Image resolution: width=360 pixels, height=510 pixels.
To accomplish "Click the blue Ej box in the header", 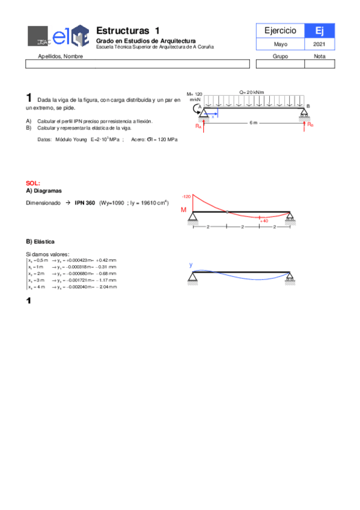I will [319, 30].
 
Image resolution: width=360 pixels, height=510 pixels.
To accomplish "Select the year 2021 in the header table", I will [319, 45].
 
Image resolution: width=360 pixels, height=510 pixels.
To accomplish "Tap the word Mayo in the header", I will [280, 45].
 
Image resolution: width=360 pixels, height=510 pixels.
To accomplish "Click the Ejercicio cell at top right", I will [280, 30].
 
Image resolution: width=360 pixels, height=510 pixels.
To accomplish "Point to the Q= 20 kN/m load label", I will [251, 92].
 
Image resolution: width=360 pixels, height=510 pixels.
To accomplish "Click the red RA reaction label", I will [198, 126].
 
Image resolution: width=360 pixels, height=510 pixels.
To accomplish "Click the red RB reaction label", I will [310, 124].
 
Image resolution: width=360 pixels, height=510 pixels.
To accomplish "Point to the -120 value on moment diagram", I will [186, 196].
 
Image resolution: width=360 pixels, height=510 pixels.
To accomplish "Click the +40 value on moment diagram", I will [263, 221].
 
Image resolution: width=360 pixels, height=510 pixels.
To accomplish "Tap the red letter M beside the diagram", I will [185, 210].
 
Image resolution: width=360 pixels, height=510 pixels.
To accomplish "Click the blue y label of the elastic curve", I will [191, 265].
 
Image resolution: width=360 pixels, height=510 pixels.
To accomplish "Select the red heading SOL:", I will [33, 182].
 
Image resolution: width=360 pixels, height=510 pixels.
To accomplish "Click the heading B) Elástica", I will [40, 241].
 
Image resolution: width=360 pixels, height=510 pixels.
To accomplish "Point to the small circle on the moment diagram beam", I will [227, 212].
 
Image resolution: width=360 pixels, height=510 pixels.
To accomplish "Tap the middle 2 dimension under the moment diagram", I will [242, 227].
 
